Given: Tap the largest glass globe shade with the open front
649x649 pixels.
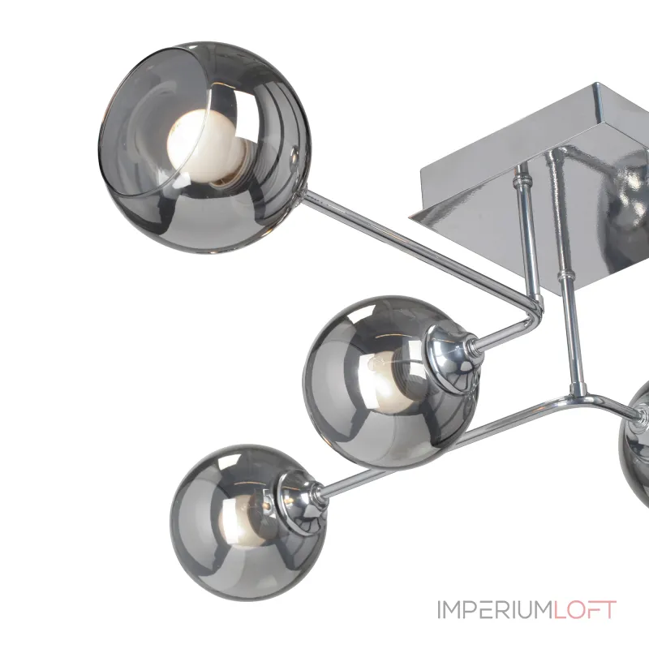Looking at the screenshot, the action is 204,148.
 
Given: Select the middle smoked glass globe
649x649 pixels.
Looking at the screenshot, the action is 390,381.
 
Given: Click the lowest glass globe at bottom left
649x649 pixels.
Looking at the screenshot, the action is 248,522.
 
